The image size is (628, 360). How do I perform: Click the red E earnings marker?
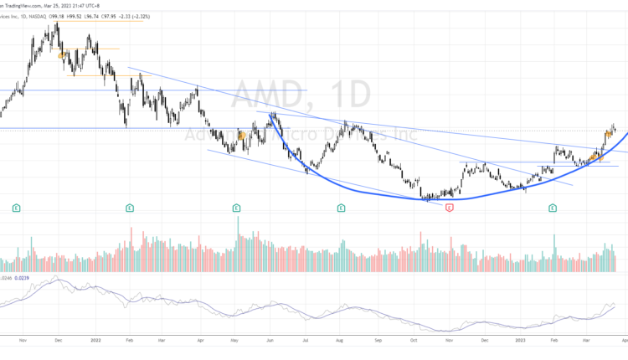click(x=450, y=207)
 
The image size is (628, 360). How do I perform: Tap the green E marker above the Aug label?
click(x=342, y=207)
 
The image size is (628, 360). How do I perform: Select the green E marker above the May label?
click(x=237, y=207)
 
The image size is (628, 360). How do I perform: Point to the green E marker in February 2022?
click(x=130, y=207)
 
